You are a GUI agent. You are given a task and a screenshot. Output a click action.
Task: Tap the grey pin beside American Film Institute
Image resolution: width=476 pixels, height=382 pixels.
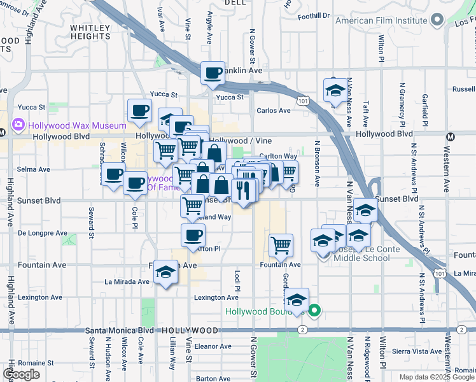[x=437, y=20]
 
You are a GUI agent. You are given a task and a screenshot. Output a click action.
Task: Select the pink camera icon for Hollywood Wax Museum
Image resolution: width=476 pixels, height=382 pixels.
[x=18, y=125]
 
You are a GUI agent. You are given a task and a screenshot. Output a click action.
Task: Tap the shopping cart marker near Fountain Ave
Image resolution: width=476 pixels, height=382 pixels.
[x=281, y=244]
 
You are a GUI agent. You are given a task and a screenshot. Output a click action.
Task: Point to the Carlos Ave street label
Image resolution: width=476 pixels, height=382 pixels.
[x=273, y=111]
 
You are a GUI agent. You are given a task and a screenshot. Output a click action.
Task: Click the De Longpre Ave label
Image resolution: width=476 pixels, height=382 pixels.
[x=43, y=233]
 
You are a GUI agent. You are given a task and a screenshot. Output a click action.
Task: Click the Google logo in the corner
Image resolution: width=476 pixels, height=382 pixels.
[x=21, y=374]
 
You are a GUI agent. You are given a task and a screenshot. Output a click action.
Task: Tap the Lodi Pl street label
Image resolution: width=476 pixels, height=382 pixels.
[x=237, y=279]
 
